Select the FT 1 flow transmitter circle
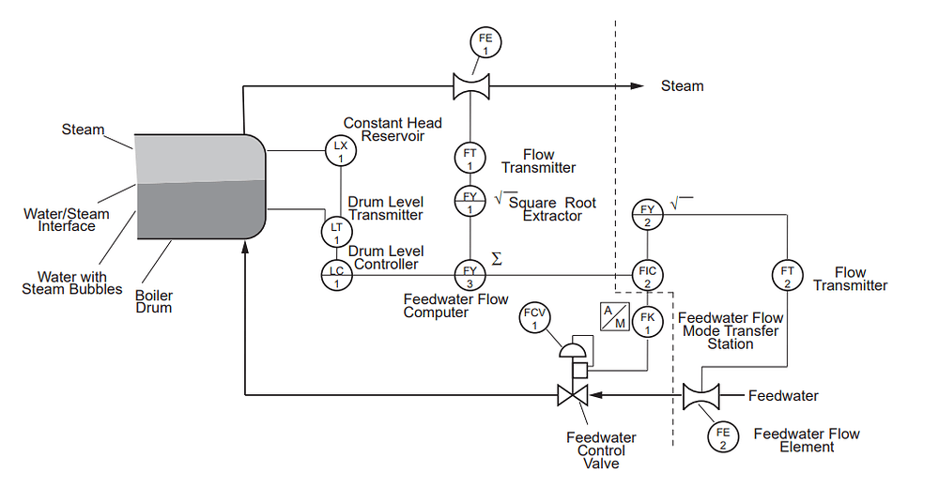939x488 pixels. (469, 156)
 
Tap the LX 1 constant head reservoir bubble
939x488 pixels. (340, 149)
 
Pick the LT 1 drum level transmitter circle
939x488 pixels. (336, 229)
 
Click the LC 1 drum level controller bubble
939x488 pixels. (336, 275)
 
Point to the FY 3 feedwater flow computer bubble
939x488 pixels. (469, 275)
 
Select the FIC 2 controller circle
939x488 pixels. (647, 275)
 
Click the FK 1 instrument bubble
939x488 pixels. (647, 321)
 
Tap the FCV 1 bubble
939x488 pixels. (533, 319)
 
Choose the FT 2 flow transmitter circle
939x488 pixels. (787, 275)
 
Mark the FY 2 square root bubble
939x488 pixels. (647, 213)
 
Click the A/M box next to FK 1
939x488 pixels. (612, 318)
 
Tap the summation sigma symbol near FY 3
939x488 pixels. (497, 258)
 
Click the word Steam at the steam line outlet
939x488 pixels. (682, 86)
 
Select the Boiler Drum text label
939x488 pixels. (153, 300)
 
